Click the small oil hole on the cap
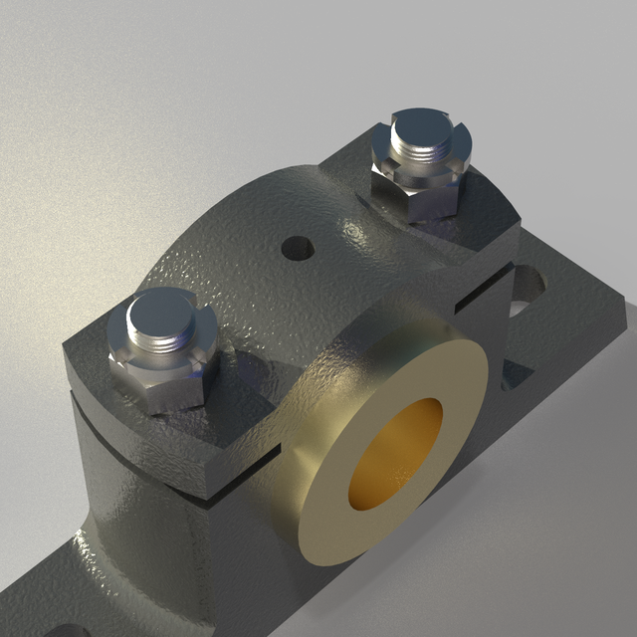point(297,245)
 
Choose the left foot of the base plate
point(40,597)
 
